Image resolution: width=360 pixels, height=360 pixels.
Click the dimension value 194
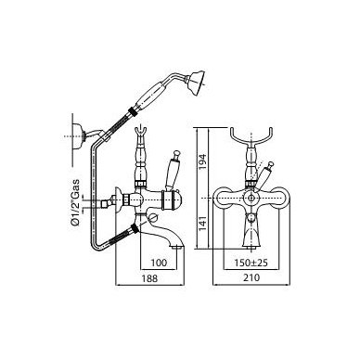coord(202,162)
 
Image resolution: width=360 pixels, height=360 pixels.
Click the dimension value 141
coord(202,223)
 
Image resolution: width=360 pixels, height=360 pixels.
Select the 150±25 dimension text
coord(251,263)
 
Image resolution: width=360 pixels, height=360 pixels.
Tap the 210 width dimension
coord(251,277)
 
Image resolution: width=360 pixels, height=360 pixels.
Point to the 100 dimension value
coord(159,263)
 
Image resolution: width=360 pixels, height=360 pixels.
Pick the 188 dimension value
coord(149,278)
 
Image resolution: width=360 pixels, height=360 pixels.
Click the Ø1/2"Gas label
coord(75,202)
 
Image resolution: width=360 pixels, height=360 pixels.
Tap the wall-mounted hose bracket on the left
coord(79,136)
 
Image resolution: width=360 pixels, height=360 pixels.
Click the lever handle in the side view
coord(172,174)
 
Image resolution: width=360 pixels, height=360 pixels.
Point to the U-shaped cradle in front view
coord(251,137)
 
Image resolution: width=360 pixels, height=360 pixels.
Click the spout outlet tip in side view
coord(177,247)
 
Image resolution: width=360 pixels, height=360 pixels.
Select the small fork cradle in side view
coord(141,134)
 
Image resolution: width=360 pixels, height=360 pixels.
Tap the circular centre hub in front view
coord(251,198)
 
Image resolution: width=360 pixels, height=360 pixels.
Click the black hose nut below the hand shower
coord(133,111)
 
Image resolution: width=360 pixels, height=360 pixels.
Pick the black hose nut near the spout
coord(135,229)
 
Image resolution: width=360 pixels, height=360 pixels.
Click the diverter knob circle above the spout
coord(153,218)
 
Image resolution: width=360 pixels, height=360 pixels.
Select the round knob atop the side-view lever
coord(177,153)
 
